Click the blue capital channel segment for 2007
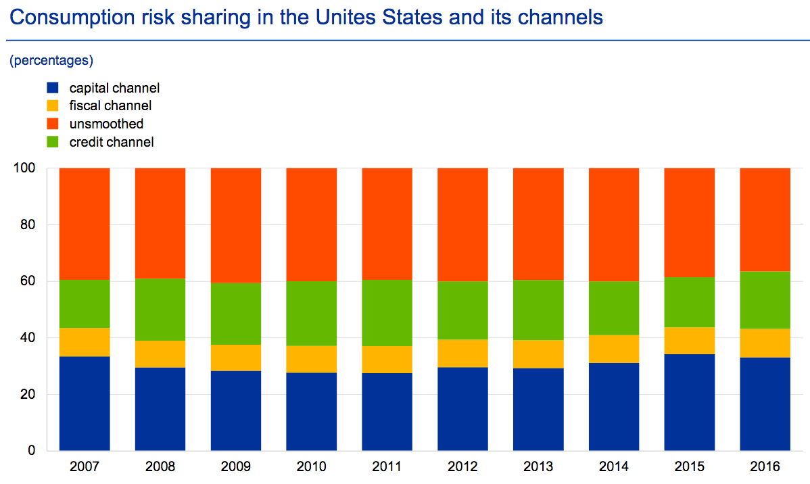(x=85, y=403)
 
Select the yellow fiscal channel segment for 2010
(x=312, y=359)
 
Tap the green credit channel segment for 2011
(x=387, y=312)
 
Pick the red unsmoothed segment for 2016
(x=765, y=220)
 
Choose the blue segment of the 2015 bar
(x=690, y=402)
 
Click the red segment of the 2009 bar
(x=236, y=225)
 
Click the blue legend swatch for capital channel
(x=53, y=88)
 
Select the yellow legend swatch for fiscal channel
(x=53, y=106)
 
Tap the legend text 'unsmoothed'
(x=106, y=124)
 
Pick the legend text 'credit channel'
(x=112, y=142)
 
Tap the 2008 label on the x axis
(x=160, y=466)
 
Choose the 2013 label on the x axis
(x=539, y=466)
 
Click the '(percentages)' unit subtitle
(x=51, y=60)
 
